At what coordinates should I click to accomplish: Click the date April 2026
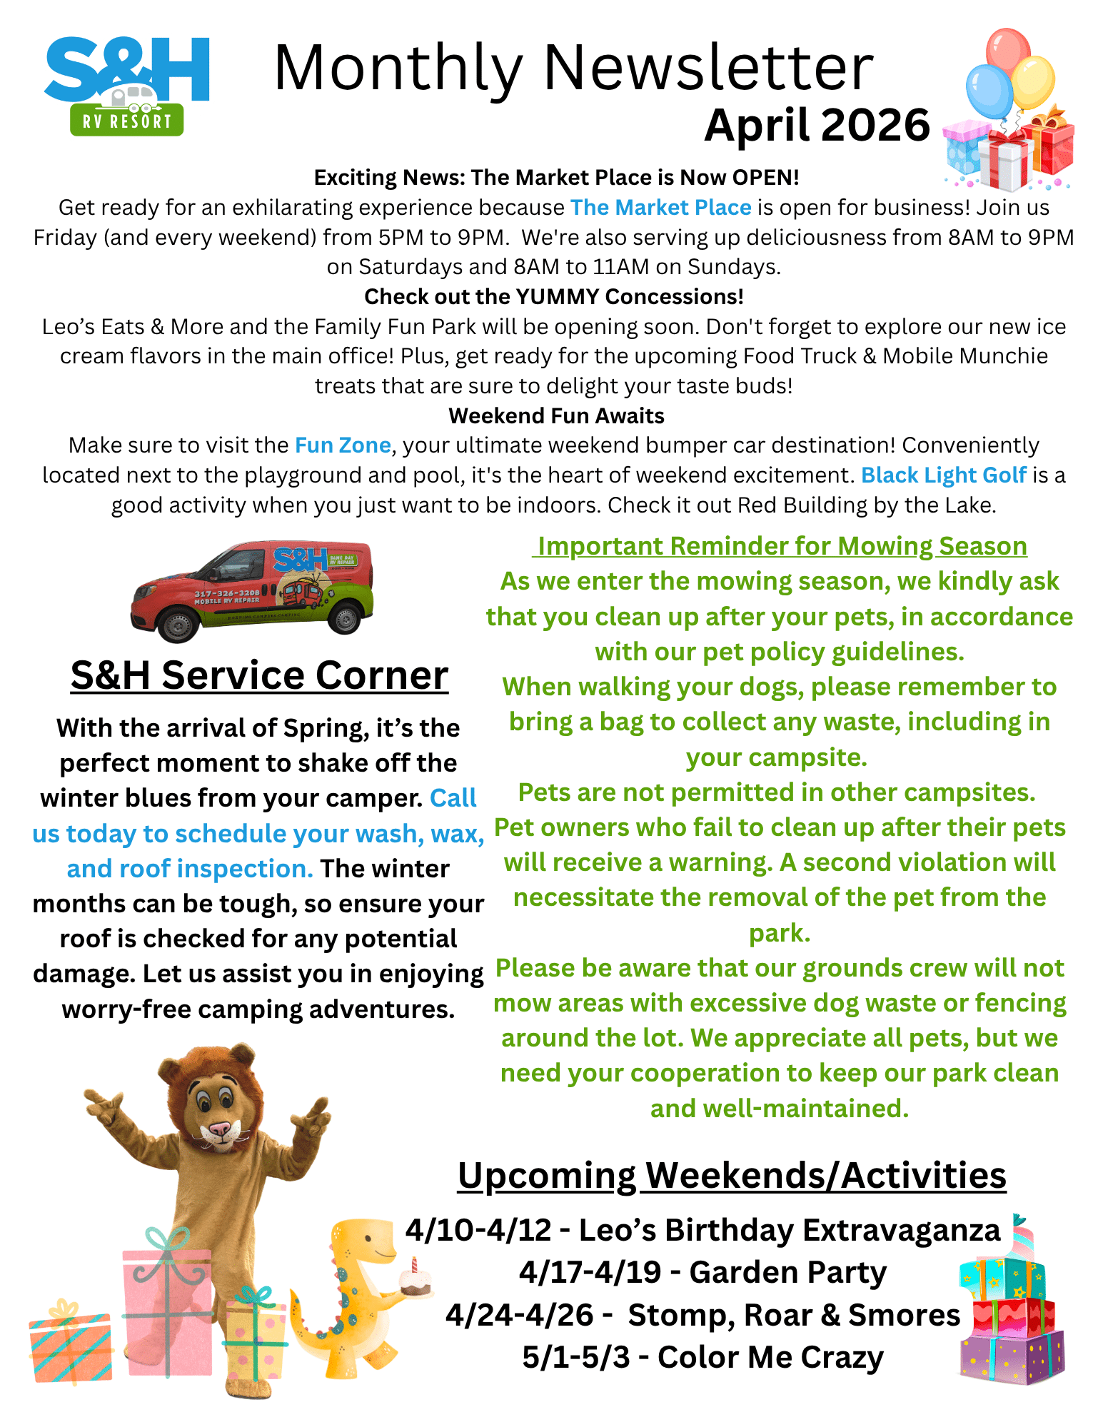click(x=817, y=126)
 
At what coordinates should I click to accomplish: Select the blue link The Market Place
click(x=660, y=208)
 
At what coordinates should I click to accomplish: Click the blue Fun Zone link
click(x=343, y=445)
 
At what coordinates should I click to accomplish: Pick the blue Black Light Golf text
click(x=943, y=475)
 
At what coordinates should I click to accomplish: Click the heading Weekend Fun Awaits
click(x=556, y=415)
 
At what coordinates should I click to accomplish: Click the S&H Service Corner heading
click(x=259, y=675)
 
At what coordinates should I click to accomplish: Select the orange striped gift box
click(x=70, y=1346)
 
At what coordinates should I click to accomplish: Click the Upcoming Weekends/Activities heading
click(x=732, y=1176)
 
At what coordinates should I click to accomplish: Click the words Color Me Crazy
click(x=770, y=1357)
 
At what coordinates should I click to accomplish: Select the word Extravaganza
click(x=901, y=1230)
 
